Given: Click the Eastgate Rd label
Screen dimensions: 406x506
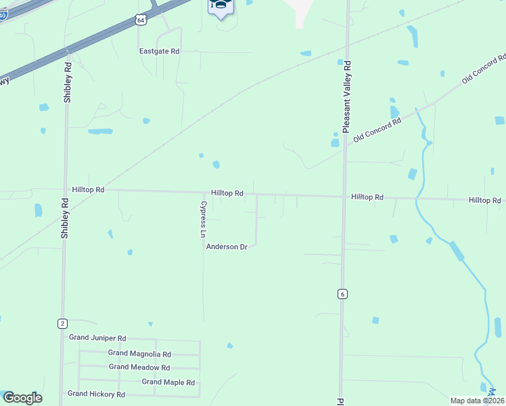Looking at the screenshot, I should click(159, 51).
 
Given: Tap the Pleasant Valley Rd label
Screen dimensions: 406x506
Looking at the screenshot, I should click(347, 96).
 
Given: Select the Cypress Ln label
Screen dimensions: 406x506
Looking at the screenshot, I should click(202, 219).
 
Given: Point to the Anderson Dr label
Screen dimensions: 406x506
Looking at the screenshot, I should click(227, 247).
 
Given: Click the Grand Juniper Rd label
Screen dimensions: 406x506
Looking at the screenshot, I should click(97, 338).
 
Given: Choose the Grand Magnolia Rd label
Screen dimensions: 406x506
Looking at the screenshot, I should click(139, 353).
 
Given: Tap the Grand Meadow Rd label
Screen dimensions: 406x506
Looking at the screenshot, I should click(139, 367).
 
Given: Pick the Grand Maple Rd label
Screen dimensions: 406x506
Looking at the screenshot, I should click(168, 382).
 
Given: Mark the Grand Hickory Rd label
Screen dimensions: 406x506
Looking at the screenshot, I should click(96, 394).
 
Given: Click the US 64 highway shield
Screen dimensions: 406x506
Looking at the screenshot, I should click(140, 20).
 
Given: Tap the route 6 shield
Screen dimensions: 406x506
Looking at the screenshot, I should click(343, 294).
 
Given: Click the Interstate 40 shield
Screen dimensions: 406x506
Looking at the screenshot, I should click(3, 14).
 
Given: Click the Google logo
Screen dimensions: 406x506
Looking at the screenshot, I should click(22, 398).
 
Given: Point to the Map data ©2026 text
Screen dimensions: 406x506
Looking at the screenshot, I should click(477, 401).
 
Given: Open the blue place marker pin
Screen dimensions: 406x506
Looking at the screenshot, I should click(221, 7).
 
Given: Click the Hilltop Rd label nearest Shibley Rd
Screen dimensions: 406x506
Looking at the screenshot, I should click(88, 190).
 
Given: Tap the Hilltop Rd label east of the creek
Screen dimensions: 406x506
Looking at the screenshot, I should click(484, 200).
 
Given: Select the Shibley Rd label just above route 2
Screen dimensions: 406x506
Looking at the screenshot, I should click(65, 218).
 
